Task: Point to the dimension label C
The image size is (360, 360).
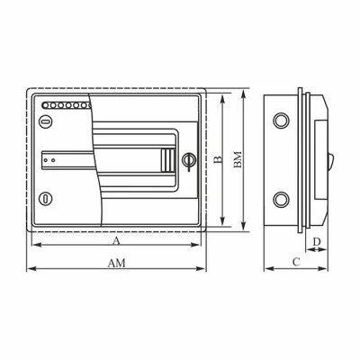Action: [295, 261]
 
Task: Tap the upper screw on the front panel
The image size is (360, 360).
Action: [46, 121]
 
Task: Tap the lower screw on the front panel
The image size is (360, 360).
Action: [46, 198]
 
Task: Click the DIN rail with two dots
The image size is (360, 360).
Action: [63, 158]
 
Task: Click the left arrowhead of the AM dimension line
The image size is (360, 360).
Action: [30, 268]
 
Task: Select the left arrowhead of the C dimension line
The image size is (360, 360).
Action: [266, 268]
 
